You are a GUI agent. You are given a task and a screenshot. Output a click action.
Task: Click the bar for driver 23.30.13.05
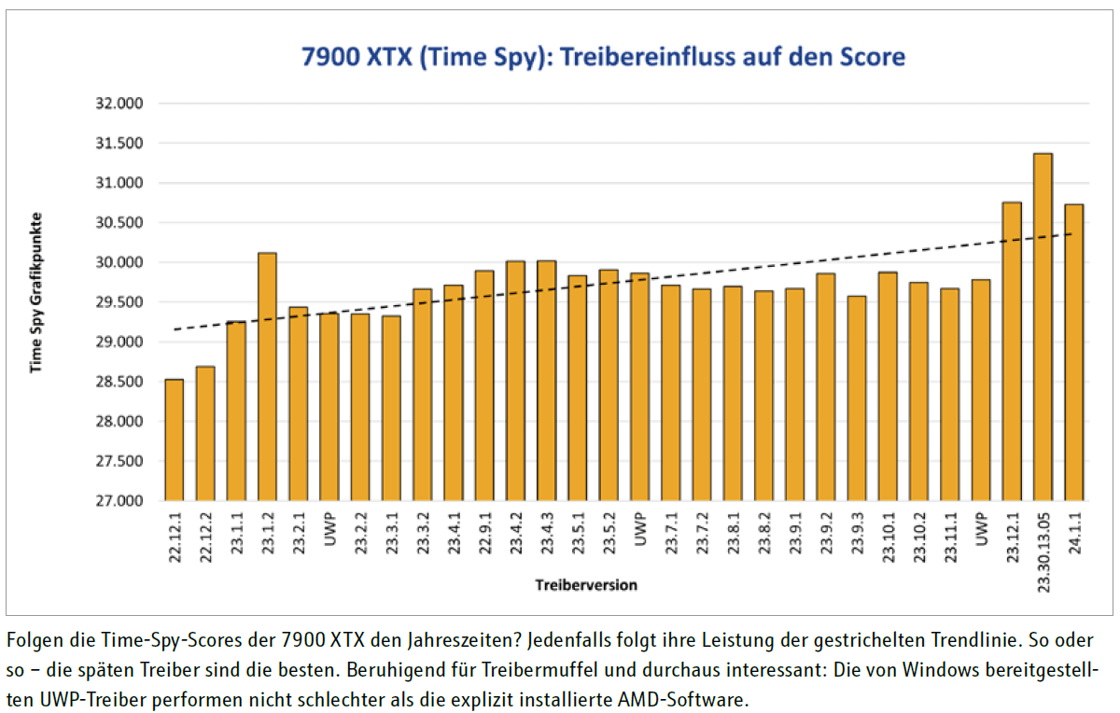pos(1043,327)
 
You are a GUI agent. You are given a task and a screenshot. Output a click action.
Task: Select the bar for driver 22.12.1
pos(174,440)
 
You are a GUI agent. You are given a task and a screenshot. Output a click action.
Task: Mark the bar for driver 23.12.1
pos(1012,351)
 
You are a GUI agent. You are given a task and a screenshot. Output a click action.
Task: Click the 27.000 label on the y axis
pos(120,501)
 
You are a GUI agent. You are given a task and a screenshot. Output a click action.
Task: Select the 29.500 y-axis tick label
pos(120,302)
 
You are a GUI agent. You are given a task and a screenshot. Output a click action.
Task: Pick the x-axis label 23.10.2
pos(918,539)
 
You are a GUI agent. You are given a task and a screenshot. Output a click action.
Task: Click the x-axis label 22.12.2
pos(205,539)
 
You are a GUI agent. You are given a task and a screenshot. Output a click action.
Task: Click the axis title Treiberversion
pos(586,585)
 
